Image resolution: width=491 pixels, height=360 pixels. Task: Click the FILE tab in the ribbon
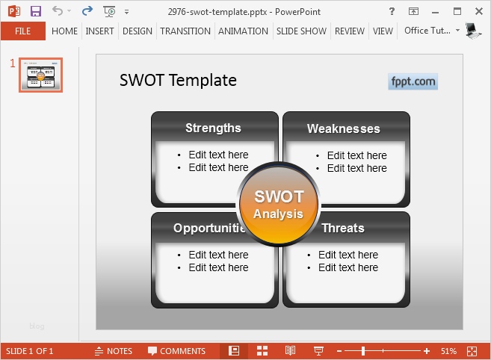coord(22,31)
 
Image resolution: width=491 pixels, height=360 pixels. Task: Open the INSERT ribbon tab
coord(99,31)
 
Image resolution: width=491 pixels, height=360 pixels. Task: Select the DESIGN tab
coord(137,31)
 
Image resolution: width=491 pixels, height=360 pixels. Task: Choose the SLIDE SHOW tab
coord(301,31)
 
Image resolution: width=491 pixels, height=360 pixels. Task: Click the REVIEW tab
coord(350,31)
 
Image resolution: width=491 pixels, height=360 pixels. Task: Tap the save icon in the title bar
coord(35,11)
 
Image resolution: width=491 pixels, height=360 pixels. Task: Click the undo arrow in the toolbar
coord(58,11)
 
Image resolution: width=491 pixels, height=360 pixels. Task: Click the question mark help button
coord(392,11)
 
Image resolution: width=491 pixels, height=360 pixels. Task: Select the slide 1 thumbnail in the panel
coord(40,75)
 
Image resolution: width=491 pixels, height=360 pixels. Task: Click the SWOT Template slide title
coord(178,81)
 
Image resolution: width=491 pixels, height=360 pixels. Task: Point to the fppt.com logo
coord(413,81)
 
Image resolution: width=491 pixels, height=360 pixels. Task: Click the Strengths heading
coord(213,128)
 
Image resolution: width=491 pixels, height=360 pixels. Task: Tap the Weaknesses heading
coord(343,128)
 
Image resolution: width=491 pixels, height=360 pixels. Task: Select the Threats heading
coord(343,228)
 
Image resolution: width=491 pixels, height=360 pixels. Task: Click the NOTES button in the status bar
coord(114,351)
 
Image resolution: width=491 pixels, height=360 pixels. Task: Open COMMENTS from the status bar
coord(176,351)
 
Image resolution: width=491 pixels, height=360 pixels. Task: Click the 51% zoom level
coord(448,351)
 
